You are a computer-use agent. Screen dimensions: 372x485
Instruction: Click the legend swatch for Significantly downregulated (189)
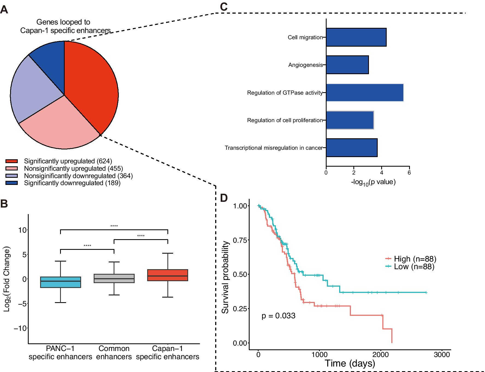[x=11, y=183]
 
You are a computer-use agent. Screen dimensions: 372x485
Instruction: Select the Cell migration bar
[x=356, y=37]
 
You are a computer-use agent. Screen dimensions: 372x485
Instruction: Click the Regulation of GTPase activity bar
[x=365, y=93]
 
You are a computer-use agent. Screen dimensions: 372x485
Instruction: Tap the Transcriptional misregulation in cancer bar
[x=352, y=148]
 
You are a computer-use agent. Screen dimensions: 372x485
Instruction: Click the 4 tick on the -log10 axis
[x=382, y=172]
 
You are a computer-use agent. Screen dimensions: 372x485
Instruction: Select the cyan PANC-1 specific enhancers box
[x=60, y=282]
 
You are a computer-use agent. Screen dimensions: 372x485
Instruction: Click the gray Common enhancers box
[x=114, y=278]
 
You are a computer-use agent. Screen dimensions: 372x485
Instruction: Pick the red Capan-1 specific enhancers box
[x=168, y=275]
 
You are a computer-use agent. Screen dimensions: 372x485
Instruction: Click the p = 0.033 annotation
[x=278, y=316]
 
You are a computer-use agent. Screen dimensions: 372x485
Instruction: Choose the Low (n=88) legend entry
[x=409, y=266]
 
